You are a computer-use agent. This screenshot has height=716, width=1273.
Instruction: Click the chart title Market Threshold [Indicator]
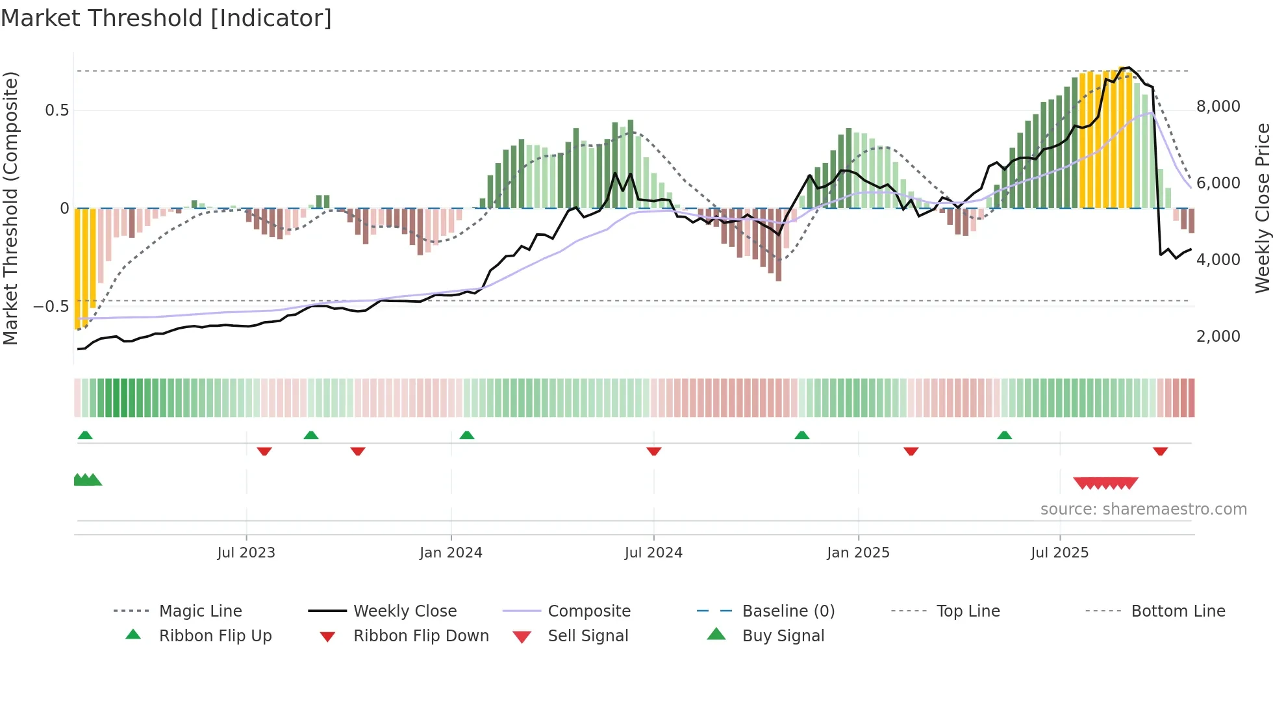(x=166, y=18)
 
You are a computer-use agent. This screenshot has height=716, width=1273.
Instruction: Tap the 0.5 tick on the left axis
(x=57, y=110)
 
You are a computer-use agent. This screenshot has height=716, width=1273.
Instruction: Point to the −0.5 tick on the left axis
(x=51, y=306)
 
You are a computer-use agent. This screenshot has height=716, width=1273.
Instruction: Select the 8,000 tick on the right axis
(x=1218, y=107)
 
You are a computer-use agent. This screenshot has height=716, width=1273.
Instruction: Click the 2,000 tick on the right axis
(x=1218, y=337)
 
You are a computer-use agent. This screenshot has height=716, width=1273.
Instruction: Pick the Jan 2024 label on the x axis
(x=451, y=553)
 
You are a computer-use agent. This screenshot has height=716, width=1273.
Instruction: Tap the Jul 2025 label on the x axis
(x=1059, y=553)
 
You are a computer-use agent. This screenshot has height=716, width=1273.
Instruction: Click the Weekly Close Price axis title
(x=1262, y=208)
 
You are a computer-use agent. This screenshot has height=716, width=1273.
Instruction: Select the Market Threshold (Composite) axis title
(x=10, y=208)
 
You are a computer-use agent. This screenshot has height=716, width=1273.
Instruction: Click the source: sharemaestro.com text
(x=1143, y=509)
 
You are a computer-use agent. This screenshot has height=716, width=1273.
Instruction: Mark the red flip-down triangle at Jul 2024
(x=654, y=451)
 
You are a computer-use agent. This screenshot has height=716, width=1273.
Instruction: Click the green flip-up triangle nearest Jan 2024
(x=467, y=435)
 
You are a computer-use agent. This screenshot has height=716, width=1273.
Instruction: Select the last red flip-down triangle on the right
(x=1161, y=451)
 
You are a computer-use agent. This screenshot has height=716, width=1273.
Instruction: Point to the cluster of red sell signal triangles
(x=1105, y=483)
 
